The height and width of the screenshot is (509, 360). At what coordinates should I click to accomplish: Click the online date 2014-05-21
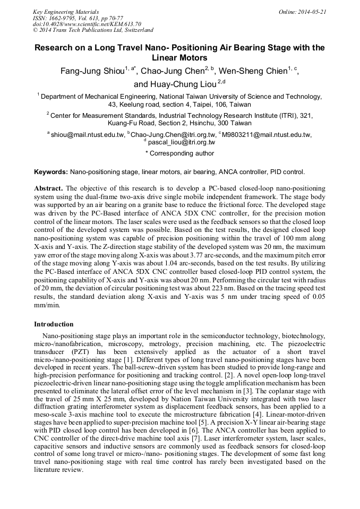306,11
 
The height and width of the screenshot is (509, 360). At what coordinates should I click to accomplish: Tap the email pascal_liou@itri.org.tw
181,142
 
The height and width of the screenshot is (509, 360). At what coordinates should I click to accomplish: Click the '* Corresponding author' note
180,153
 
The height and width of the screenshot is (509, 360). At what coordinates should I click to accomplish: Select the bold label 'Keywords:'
51,172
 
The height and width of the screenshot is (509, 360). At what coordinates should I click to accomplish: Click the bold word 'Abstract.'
49,188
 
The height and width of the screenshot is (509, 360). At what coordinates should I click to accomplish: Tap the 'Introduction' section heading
54,324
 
